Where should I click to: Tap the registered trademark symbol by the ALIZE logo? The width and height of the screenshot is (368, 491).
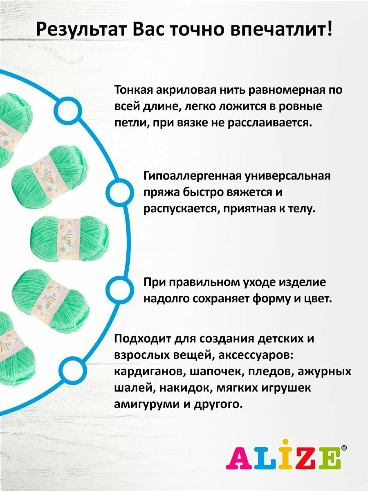tap(344, 448)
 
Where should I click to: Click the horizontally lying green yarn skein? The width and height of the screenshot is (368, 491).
tap(70, 232)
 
